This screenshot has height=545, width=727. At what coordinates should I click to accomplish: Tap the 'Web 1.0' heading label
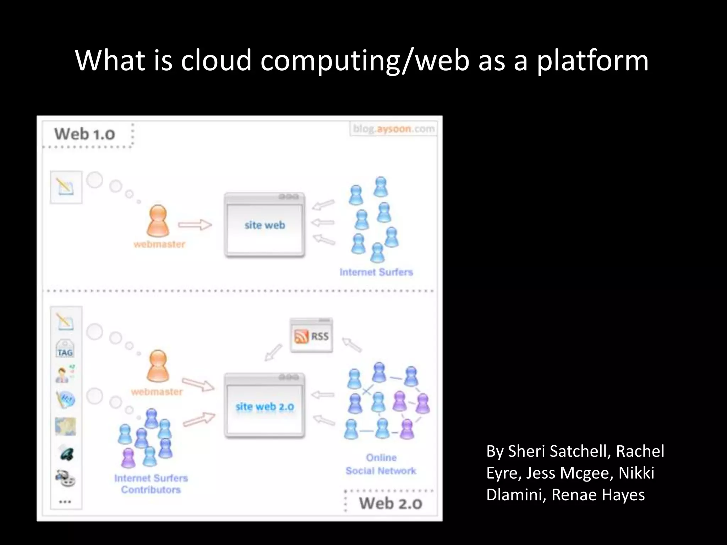coord(84,134)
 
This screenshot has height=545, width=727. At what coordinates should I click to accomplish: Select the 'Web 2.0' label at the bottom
coord(390,503)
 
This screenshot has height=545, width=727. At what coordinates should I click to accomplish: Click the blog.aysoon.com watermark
coord(394,129)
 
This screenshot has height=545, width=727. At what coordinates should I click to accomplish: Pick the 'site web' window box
coord(265,225)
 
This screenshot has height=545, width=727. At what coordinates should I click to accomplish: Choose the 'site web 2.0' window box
coord(265,406)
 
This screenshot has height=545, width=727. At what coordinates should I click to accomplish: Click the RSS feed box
coord(311,336)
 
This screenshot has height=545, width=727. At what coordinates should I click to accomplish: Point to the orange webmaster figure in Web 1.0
coord(158,221)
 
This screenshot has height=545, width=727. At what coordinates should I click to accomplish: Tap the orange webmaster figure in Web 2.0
coord(158,366)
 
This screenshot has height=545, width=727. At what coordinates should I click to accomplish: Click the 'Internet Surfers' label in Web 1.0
coord(376,272)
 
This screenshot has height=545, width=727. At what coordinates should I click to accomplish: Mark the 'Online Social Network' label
coord(381,464)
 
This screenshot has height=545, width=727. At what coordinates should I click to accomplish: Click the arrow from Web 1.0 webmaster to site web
coord(195,225)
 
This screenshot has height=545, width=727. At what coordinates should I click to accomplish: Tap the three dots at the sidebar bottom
coord(65,502)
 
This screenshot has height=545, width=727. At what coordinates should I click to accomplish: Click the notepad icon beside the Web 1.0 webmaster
coord(66,187)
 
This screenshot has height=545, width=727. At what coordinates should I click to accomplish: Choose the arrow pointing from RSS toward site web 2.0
coord(273,353)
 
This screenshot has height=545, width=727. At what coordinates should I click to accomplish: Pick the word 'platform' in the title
coord(592,60)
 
